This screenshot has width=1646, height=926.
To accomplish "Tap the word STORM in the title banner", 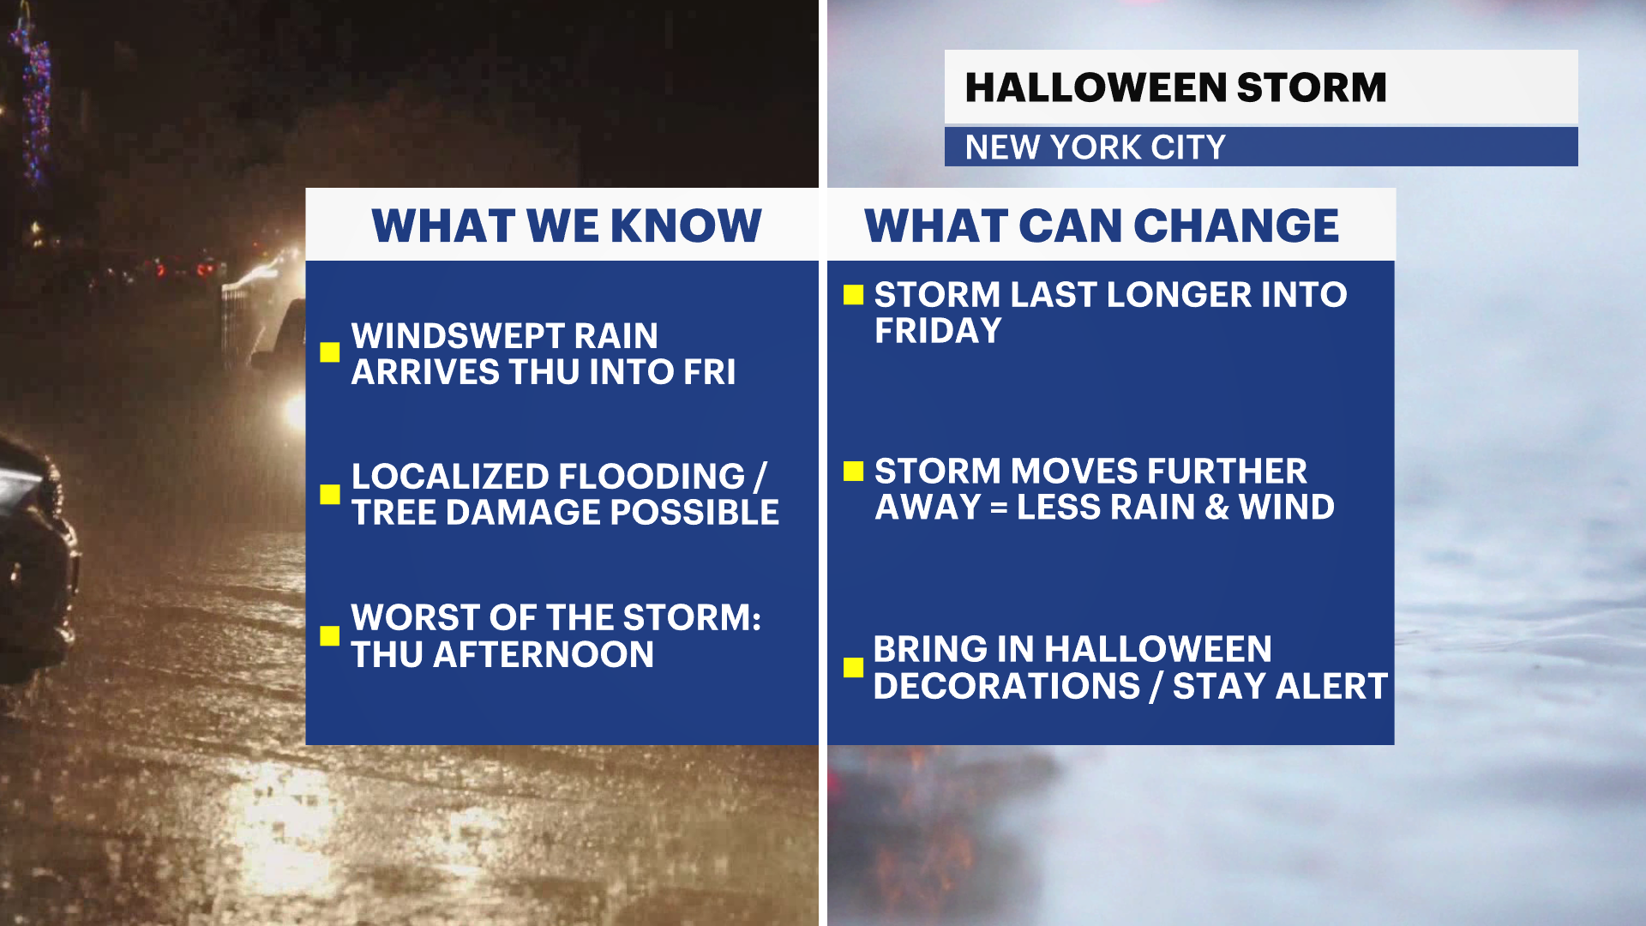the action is [x=1312, y=87].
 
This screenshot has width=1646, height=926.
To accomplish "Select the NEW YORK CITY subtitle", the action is [x=1096, y=147].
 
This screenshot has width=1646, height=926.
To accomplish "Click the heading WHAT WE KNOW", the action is [x=567, y=226].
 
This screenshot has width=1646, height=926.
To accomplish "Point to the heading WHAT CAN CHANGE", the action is [x=1102, y=226].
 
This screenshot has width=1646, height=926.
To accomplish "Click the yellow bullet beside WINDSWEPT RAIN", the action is [x=330, y=352].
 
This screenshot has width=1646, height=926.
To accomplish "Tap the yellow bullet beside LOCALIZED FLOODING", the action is [x=330, y=494].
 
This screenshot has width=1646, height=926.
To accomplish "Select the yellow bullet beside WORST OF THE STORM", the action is [x=330, y=635].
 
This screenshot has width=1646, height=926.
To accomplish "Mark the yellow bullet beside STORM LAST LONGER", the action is [x=853, y=295].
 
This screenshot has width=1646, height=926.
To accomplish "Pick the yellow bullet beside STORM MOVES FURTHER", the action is [x=853, y=471].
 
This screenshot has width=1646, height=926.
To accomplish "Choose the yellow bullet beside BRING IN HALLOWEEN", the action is [x=853, y=667].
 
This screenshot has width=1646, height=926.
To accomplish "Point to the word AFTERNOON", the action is [x=544, y=655].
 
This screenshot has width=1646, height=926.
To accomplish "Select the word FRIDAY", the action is [x=939, y=331].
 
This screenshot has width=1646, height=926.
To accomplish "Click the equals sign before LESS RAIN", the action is [x=999, y=508].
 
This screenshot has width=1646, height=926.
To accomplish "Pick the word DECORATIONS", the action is [x=1007, y=686].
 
